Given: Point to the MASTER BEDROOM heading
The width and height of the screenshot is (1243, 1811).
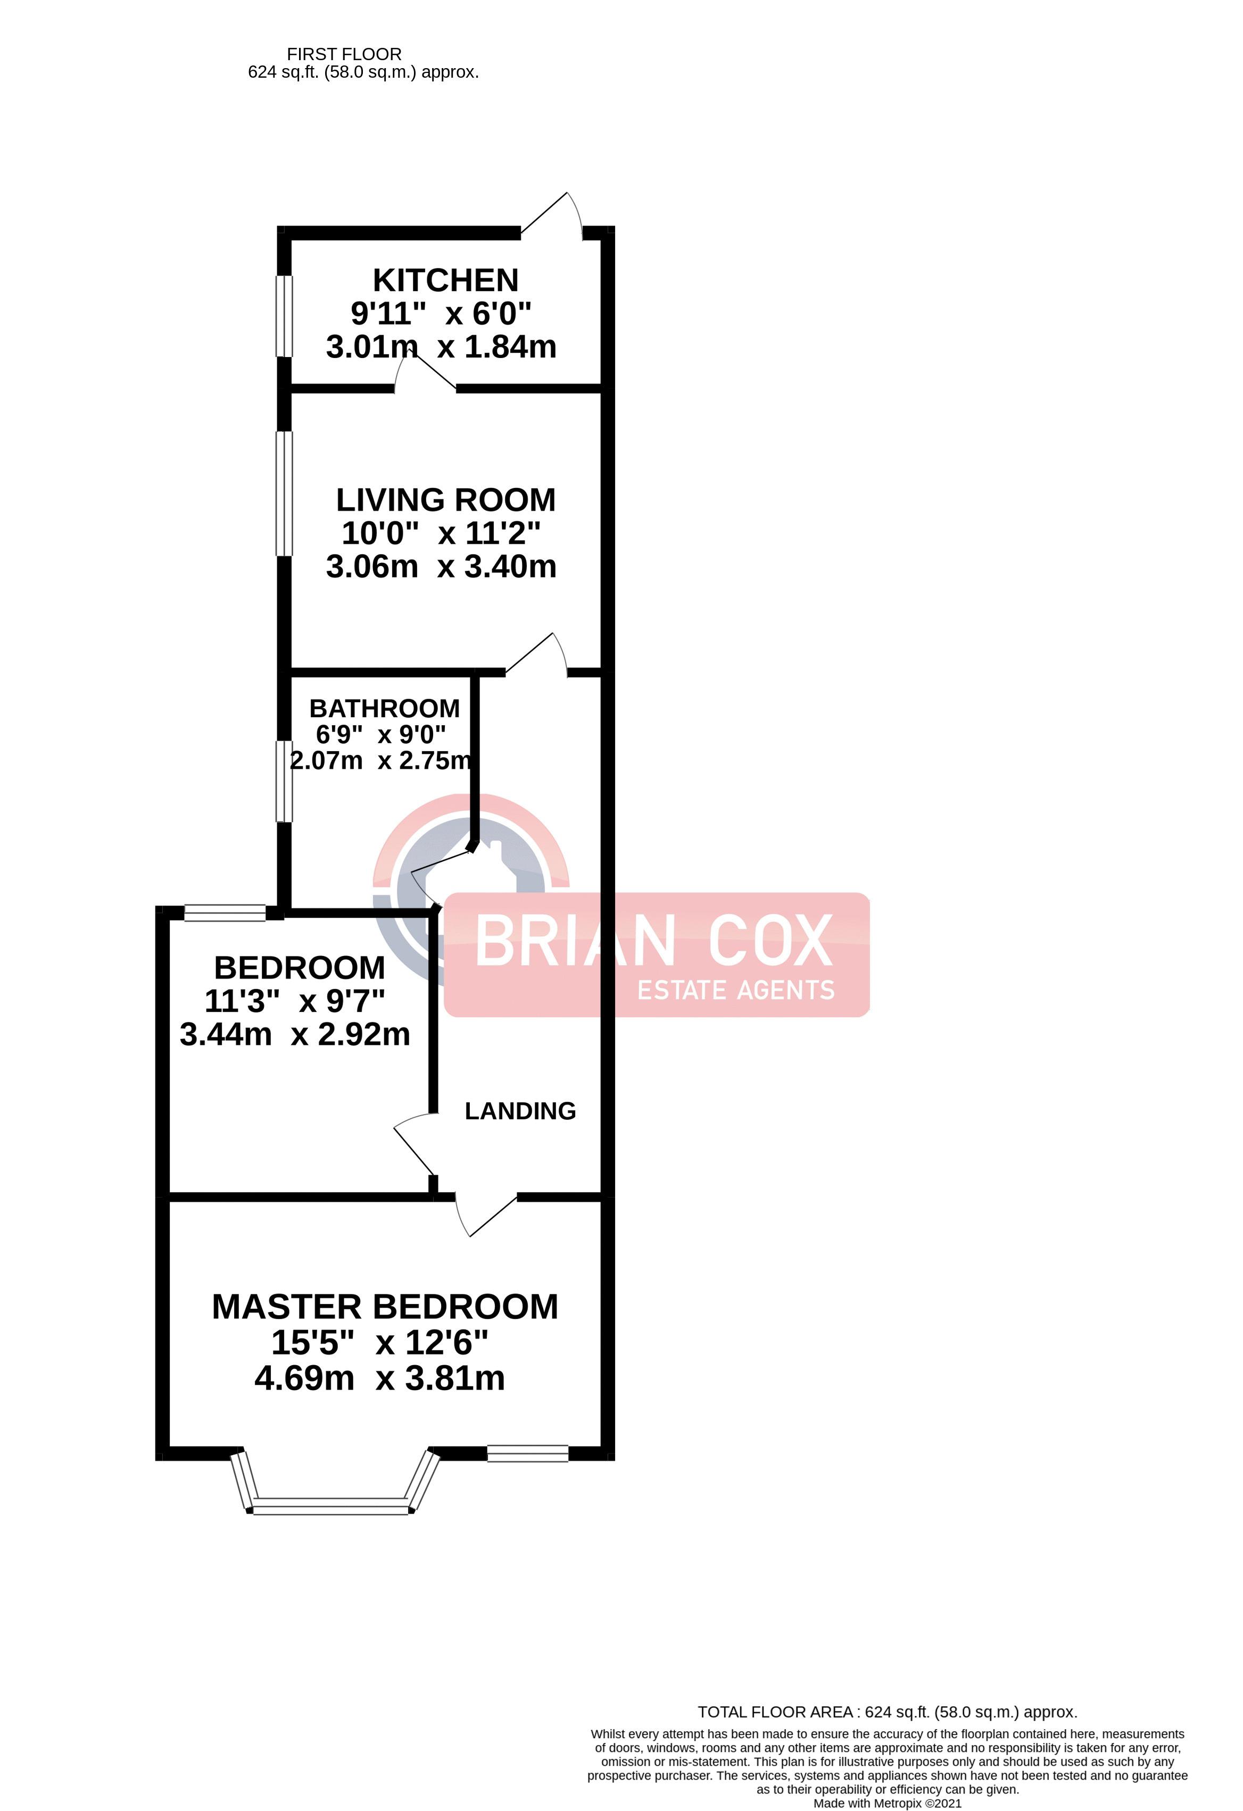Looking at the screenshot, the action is [x=385, y=1307].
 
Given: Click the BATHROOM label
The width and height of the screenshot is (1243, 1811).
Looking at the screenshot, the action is [x=384, y=708].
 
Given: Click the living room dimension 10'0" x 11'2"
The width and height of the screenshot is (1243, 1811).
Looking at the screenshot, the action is [x=441, y=534].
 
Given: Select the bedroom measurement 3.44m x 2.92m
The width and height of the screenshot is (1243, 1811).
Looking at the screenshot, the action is [x=295, y=1035].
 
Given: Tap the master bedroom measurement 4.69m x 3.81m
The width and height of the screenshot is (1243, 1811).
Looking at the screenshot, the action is [x=379, y=1378].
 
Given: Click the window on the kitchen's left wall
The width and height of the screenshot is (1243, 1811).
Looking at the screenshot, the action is [x=285, y=315].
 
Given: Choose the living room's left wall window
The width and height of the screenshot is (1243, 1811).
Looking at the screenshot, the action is [x=285, y=493].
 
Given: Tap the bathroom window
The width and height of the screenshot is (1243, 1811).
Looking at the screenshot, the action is [x=285, y=781].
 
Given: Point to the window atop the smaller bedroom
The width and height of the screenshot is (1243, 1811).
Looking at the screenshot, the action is [x=225, y=912].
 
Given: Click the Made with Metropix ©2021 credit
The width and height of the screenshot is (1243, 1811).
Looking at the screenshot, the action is [x=887, y=1803].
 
